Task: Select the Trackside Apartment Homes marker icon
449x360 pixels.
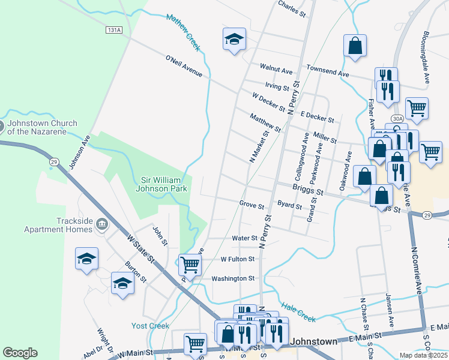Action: [101, 224]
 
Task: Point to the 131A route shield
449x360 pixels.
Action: [113, 29]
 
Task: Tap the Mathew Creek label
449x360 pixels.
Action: [183, 32]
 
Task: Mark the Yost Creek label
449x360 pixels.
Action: [150, 326]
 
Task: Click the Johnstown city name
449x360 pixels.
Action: [315, 341]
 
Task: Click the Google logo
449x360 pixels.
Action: [20, 353]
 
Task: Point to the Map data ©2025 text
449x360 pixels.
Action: [424, 355]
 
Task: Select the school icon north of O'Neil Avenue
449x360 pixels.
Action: [234, 40]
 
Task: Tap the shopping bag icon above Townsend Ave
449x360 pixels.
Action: [355, 46]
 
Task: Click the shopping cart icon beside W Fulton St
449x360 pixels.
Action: [190, 265]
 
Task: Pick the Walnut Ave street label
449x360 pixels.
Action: [275, 67]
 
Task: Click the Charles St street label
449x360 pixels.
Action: [292, 8]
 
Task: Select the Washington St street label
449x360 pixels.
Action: [234, 278]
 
